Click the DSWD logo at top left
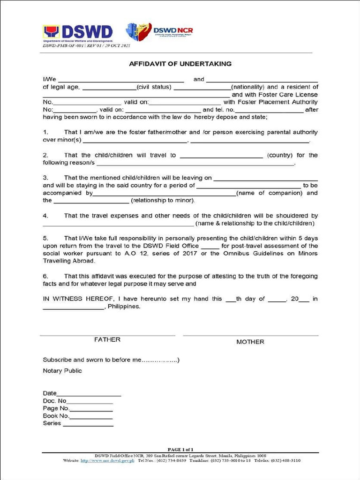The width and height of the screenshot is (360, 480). click(x=78, y=33)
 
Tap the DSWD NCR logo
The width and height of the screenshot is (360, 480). click(x=159, y=31)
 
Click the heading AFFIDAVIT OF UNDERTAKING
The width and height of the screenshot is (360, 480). click(x=180, y=64)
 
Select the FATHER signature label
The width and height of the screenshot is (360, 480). click(x=107, y=340)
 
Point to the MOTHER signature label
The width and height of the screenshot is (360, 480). click(x=250, y=342)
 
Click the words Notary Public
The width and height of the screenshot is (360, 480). click(x=62, y=371)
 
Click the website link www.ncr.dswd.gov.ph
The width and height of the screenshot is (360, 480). click(x=107, y=461)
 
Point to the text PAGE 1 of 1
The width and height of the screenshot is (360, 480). click(x=180, y=450)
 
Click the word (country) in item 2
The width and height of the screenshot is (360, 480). click(x=280, y=155)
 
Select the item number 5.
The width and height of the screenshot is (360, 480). click(x=45, y=238)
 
